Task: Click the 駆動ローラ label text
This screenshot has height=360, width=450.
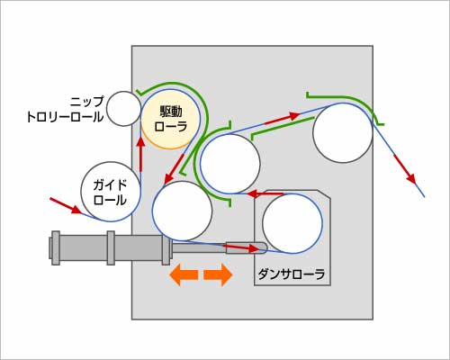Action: click(171, 120)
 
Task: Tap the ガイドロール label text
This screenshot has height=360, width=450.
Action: click(110, 193)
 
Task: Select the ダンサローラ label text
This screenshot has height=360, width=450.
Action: click(292, 274)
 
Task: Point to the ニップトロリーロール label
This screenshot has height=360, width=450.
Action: click(66, 110)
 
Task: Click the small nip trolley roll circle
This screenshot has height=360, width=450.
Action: click(123, 109)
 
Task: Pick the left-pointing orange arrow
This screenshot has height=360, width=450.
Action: click(184, 274)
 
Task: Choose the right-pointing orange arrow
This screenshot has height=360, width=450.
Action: click(218, 274)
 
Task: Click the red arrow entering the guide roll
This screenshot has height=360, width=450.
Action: click(66, 206)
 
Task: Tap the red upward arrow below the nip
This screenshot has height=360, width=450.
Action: click(140, 155)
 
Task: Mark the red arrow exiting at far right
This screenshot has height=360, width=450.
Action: click(405, 169)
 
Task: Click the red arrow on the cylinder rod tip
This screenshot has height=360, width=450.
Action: click(241, 247)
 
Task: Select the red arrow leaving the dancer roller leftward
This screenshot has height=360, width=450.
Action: click(265, 194)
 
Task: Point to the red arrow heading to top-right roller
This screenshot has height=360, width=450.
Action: click(283, 118)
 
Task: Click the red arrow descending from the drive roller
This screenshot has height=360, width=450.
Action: click(175, 168)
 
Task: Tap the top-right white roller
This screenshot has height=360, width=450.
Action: click(343, 132)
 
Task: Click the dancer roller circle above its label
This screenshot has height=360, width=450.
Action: click(292, 223)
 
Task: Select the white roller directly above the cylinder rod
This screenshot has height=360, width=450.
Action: click(182, 211)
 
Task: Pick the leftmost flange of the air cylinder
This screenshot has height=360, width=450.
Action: click(56, 248)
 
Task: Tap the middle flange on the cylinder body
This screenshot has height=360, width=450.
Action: click(111, 248)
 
